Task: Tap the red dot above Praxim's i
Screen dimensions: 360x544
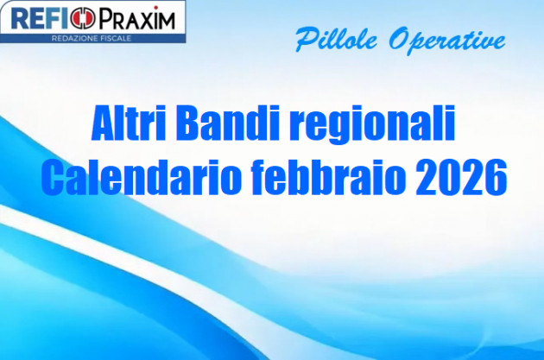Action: point(158,8)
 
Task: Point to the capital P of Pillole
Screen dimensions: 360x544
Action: point(304,39)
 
